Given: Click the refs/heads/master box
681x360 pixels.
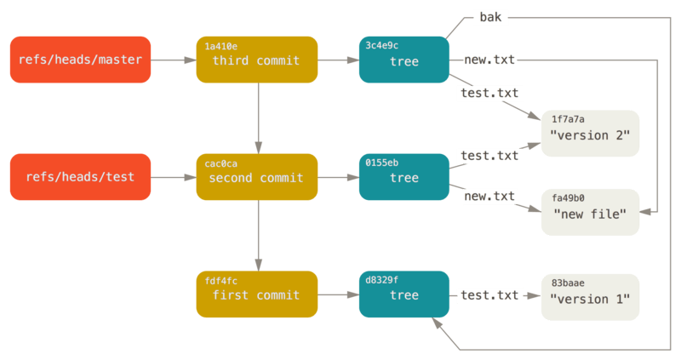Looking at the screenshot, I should (x=80, y=60).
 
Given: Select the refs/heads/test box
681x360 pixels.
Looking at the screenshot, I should (x=80, y=177).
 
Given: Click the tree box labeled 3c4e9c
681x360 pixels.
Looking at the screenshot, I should (x=403, y=60).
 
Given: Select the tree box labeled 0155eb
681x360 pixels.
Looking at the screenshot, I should (x=403, y=177).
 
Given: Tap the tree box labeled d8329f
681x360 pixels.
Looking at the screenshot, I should (x=403, y=294).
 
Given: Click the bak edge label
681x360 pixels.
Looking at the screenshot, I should (x=489, y=17).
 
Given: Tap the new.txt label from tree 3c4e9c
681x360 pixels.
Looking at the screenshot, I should (x=489, y=60).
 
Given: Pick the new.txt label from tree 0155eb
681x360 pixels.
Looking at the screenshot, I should (x=489, y=197).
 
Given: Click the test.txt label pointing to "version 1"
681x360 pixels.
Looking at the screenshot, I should (x=489, y=295).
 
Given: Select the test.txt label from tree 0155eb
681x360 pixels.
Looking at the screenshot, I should (x=489, y=156).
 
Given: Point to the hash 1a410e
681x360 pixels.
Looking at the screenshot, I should (x=222, y=46).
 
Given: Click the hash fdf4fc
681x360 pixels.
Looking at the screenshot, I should (x=221, y=281).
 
